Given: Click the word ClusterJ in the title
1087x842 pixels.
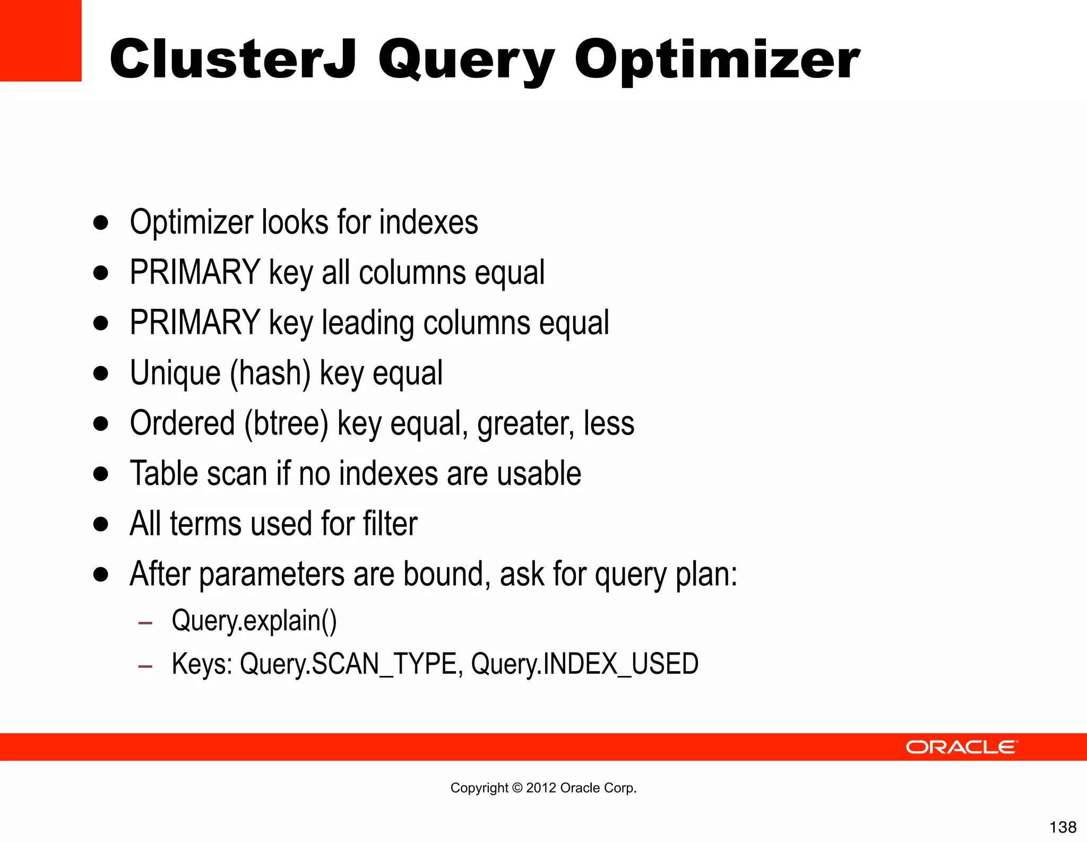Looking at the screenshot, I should pyautogui.click(x=232, y=59).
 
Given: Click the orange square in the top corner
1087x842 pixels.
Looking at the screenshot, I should pyautogui.click(x=40, y=40).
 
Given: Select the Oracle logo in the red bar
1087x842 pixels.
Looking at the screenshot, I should pyautogui.click(x=961, y=747).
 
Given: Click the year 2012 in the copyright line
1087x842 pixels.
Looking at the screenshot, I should pyautogui.click(x=541, y=788).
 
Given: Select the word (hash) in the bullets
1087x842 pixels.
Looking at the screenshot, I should pyautogui.click(x=270, y=373).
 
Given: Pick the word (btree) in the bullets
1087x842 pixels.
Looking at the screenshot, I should pyautogui.click(x=286, y=423).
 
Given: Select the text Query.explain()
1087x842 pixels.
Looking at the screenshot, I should pyautogui.click(x=254, y=621).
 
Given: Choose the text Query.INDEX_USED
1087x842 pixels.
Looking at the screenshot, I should pyautogui.click(x=584, y=664).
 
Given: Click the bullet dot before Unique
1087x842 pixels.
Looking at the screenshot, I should pyautogui.click(x=100, y=374).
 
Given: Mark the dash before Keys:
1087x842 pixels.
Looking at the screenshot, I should pyautogui.click(x=145, y=665).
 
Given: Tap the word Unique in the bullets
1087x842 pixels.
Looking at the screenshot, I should pyautogui.click(x=175, y=373).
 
